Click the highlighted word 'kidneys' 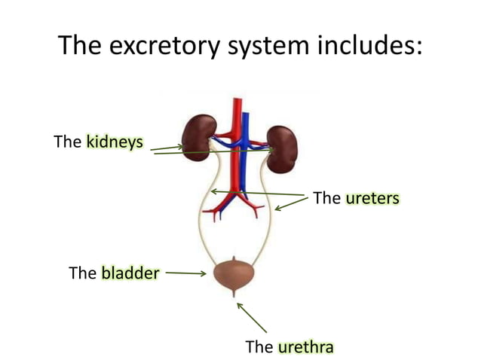click(114, 142)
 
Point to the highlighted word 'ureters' click(372, 198)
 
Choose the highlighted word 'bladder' click(130, 273)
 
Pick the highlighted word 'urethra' click(305, 347)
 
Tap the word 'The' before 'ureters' click(326, 198)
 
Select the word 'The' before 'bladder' click(82, 273)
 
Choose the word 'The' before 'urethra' click(259, 347)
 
